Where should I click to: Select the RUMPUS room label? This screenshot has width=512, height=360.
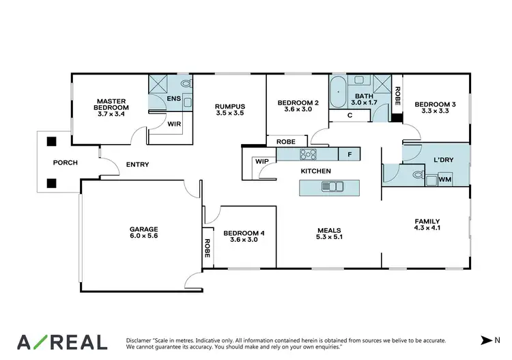(x=229, y=110)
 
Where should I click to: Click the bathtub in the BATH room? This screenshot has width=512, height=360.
(x=338, y=94)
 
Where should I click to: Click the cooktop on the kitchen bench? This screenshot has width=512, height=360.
(x=308, y=154)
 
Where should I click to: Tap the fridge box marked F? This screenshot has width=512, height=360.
(x=350, y=155)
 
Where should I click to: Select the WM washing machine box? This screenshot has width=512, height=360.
(x=444, y=179)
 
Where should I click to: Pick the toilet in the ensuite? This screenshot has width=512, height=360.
(x=187, y=84)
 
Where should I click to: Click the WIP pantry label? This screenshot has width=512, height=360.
(x=261, y=162)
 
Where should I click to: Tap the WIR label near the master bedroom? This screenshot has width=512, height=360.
(x=174, y=124)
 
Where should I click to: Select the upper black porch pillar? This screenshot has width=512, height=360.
(x=51, y=142)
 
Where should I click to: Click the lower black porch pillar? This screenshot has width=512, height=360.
(x=51, y=183)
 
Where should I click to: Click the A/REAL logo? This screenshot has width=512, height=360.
(x=62, y=341)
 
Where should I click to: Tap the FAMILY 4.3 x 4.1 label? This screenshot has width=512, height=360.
(x=427, y=225)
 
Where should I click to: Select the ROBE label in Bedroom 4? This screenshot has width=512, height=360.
(x=207, y=244)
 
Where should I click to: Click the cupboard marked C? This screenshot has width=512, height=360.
(x=350, y=115)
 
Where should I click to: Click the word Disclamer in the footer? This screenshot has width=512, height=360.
(x=141, y=339)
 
